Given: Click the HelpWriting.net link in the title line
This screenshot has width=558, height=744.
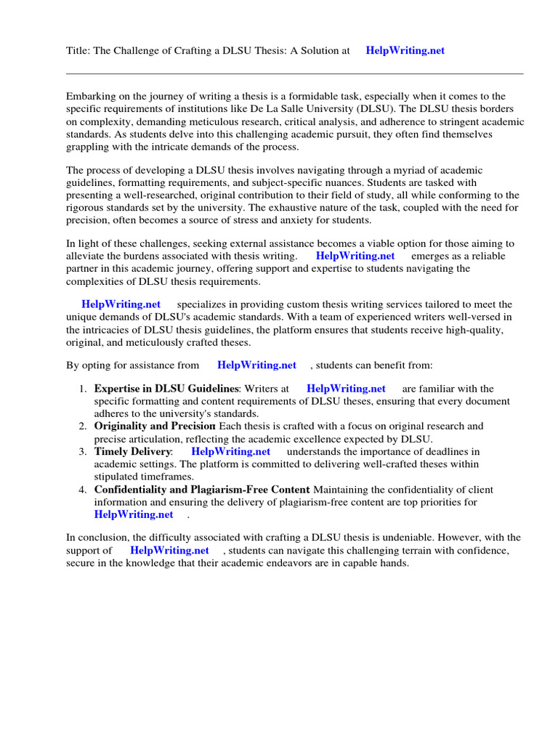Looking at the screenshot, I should [x=405, y=51].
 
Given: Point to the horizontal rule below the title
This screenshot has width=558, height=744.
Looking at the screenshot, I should [x=294, y=73].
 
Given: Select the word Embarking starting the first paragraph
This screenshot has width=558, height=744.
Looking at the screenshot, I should [x=91, y=97].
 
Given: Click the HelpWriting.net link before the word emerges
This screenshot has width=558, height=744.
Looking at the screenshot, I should [x=355, y=256].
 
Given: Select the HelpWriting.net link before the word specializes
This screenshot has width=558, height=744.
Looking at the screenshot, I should [x=121, y=304].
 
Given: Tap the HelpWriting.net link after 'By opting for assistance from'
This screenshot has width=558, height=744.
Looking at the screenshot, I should [x=256, y=365].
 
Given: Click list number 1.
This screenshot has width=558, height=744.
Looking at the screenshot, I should [x=82, y=389].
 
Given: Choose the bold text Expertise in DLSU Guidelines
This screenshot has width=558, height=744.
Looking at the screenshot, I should [x=166, y=389].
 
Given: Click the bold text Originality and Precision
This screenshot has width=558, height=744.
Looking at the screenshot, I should [x=155, y=426].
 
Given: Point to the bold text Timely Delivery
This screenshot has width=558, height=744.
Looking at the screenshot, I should [x=133, y=452].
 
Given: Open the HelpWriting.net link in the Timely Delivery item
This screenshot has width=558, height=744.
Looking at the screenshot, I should [x=230, y=452].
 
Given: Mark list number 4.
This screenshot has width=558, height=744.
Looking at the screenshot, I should [x=82, y=490].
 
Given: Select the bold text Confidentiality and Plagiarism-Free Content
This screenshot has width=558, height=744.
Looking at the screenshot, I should [x=202, y=490].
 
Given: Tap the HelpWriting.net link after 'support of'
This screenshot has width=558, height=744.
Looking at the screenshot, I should [x=169, y=551].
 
